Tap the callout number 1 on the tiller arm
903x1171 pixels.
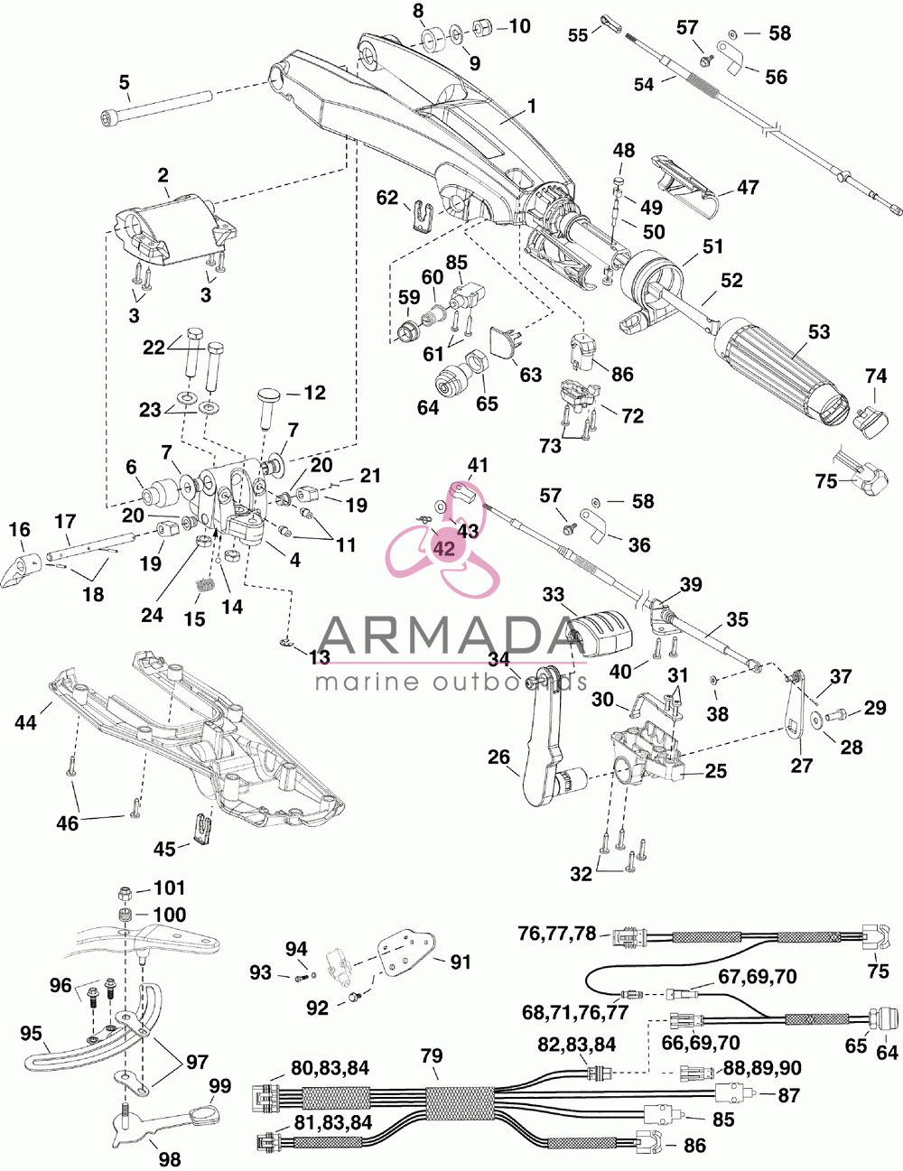pyautogui.click(x=532, y=107)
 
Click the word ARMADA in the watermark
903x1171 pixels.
pyautogui.click(x=445, y=636)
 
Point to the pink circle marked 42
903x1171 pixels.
pyautogui.click(x=444, y=548)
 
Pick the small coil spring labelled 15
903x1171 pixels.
pyautogui.click(x=204, y=584)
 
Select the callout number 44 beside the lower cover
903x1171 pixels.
pyautogui.click(x=26, y=721)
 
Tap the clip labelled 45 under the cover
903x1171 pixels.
pyautogui.click(x=202, y=830)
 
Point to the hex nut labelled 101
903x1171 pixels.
pyautogui.click(x=125, y=894)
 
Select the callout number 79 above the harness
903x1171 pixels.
pyautogui.click(x=432, y=1055)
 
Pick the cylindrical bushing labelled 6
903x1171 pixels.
pyautogui.click(x=160, y=491)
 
